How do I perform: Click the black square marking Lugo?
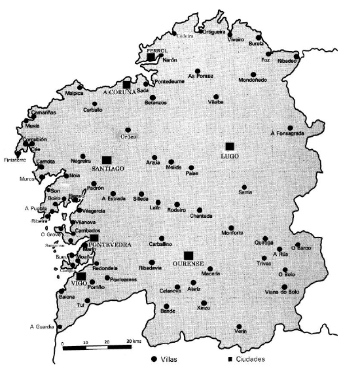(229, 146)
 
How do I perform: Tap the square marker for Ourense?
(189, 254)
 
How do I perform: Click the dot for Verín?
(240, 326)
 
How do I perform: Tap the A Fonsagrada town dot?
(290, 128)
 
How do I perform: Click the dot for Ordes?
(128, 130)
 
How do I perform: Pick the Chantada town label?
(201, 216)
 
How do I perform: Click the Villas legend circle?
(154, 359)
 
